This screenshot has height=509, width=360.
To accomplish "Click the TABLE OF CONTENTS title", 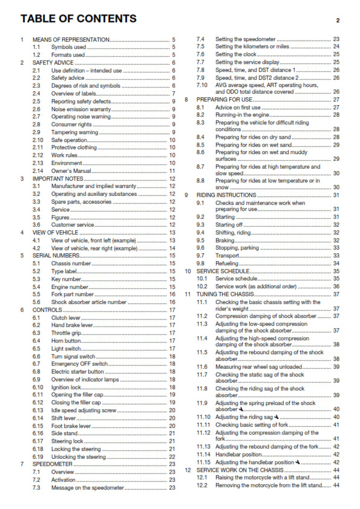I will pos(78,19).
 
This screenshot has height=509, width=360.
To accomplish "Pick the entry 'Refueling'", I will pos(228,263).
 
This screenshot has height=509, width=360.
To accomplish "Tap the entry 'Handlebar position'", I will pos(241,454).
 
